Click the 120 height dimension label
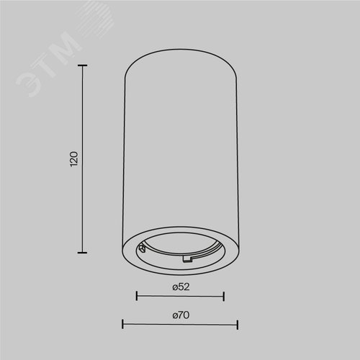point(74,159)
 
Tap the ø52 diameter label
point(181,287)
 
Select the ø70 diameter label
point(181,315)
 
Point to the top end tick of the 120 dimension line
point(82,66)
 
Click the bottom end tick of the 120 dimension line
point(82,253)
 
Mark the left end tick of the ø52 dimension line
point(137,296)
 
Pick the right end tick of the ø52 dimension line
point(224,296)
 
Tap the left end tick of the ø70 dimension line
point(122,324)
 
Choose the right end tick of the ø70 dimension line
point(238,325)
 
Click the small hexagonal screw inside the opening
point(142,248)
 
